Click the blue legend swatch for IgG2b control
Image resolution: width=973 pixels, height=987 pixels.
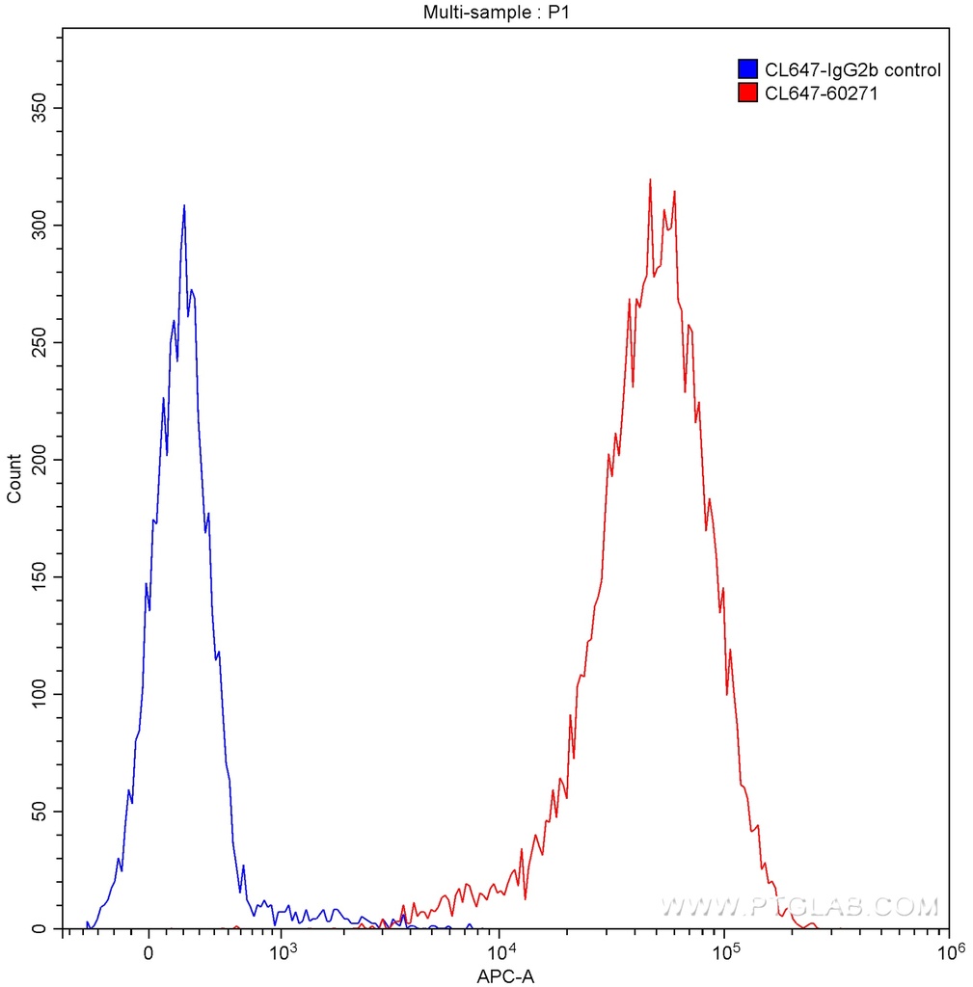(746, 69)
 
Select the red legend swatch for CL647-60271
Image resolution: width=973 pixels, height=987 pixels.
(746, 93)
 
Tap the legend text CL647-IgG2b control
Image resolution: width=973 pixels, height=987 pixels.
(851, 69)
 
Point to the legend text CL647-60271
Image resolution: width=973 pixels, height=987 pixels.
(821, 93)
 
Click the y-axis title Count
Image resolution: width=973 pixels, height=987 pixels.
(14, 478)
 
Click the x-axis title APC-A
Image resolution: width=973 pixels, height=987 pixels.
(505, 976)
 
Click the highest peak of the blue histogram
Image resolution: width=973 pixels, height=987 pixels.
(184, 205)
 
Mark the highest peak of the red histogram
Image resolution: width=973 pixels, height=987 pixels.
(651, 179)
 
